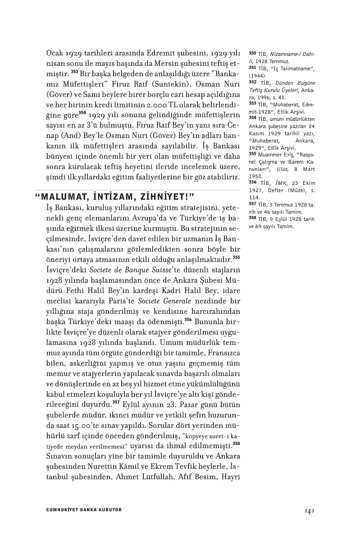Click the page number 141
pos(309,510)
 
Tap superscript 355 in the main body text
pos(237,258)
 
